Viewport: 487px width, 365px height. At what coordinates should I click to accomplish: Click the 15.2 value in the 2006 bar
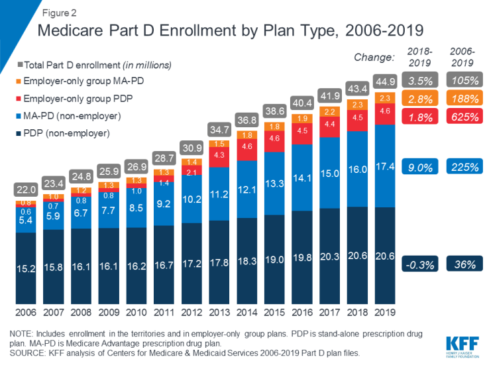[27, 270]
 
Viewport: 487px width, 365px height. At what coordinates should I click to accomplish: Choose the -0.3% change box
[419, 264]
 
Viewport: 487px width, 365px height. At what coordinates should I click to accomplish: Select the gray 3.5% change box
[419, 81]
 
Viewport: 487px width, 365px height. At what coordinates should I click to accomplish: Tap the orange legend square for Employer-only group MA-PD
[19, 81]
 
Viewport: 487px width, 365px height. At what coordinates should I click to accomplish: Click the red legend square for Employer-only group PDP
[19, 99]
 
